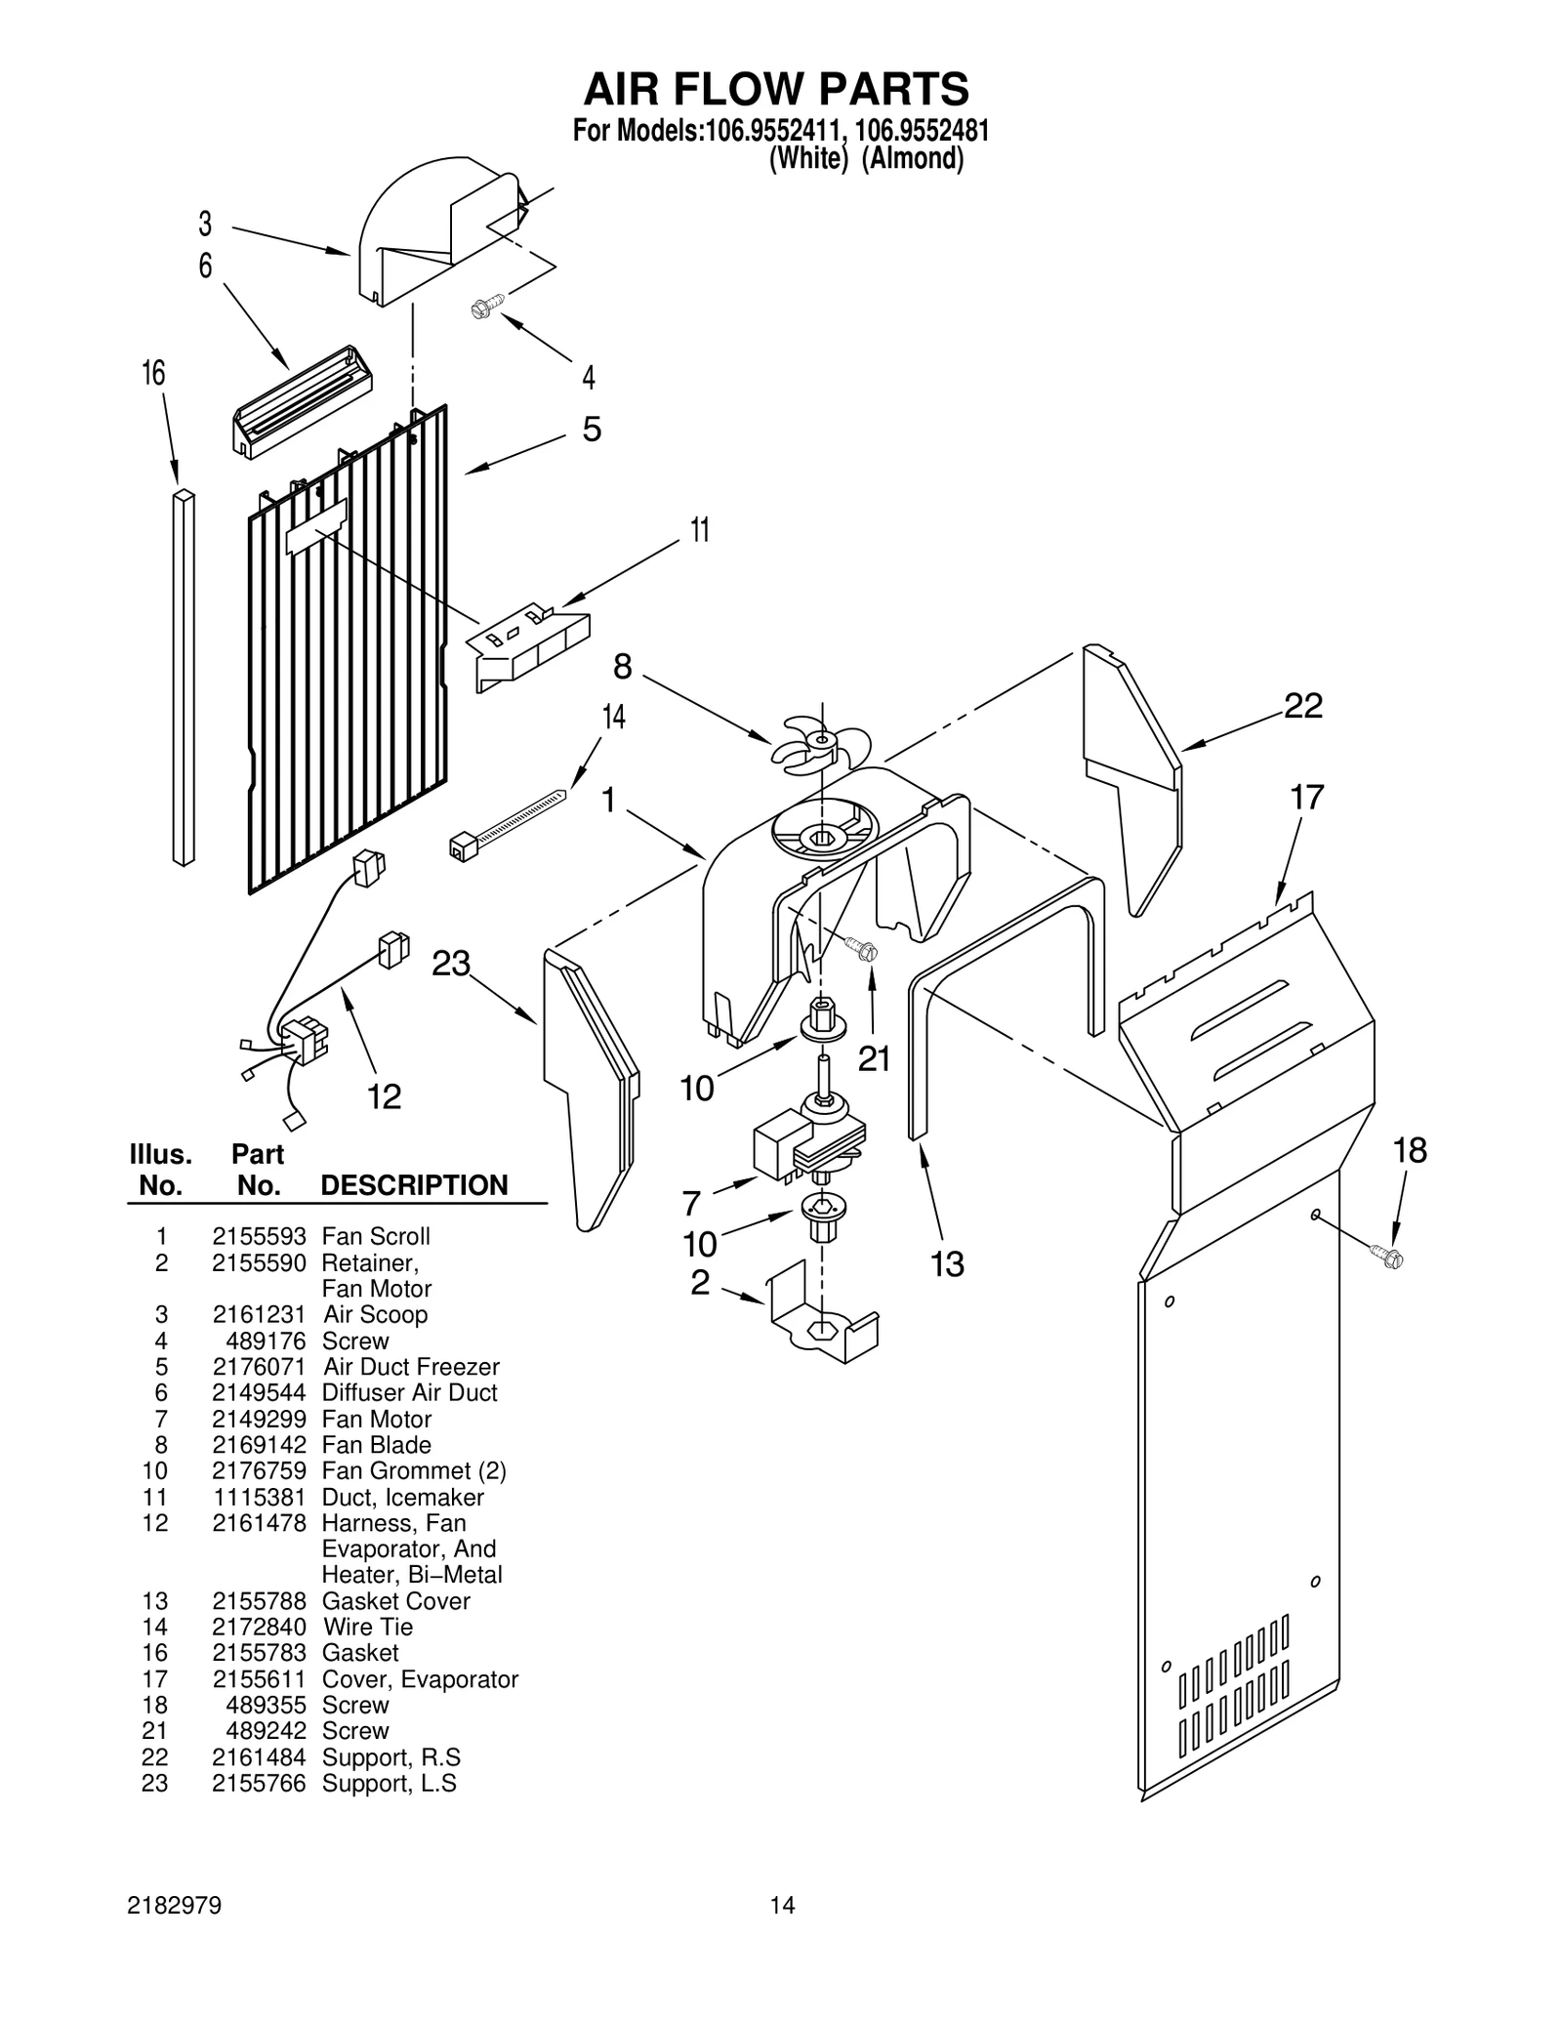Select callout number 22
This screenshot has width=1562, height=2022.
click(1302, 705)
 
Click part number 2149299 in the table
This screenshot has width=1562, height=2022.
click(259, 1419)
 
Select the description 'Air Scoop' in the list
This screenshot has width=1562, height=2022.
click(375, 1314)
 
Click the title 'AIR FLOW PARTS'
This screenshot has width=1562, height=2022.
click(776, 89)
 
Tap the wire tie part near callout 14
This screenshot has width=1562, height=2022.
click(508, 821)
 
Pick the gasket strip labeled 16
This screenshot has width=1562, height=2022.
click(184, 679)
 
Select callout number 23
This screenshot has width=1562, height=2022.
click(451, 964)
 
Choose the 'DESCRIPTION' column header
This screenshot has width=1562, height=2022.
click(414, 1185)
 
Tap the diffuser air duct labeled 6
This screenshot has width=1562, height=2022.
click(302, 400)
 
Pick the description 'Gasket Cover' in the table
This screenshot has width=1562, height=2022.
click(395, 1601)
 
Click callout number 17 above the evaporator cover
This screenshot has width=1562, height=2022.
click(1307, 798)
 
